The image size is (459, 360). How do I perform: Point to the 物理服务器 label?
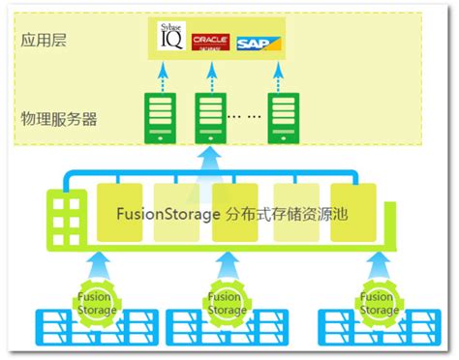pos(59,119)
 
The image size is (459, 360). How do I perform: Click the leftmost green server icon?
pos(159,115)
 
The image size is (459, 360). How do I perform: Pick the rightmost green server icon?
pos(285,115)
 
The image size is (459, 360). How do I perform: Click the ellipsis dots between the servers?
pos(247,116)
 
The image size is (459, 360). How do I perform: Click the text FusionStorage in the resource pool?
pos(168,213)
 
